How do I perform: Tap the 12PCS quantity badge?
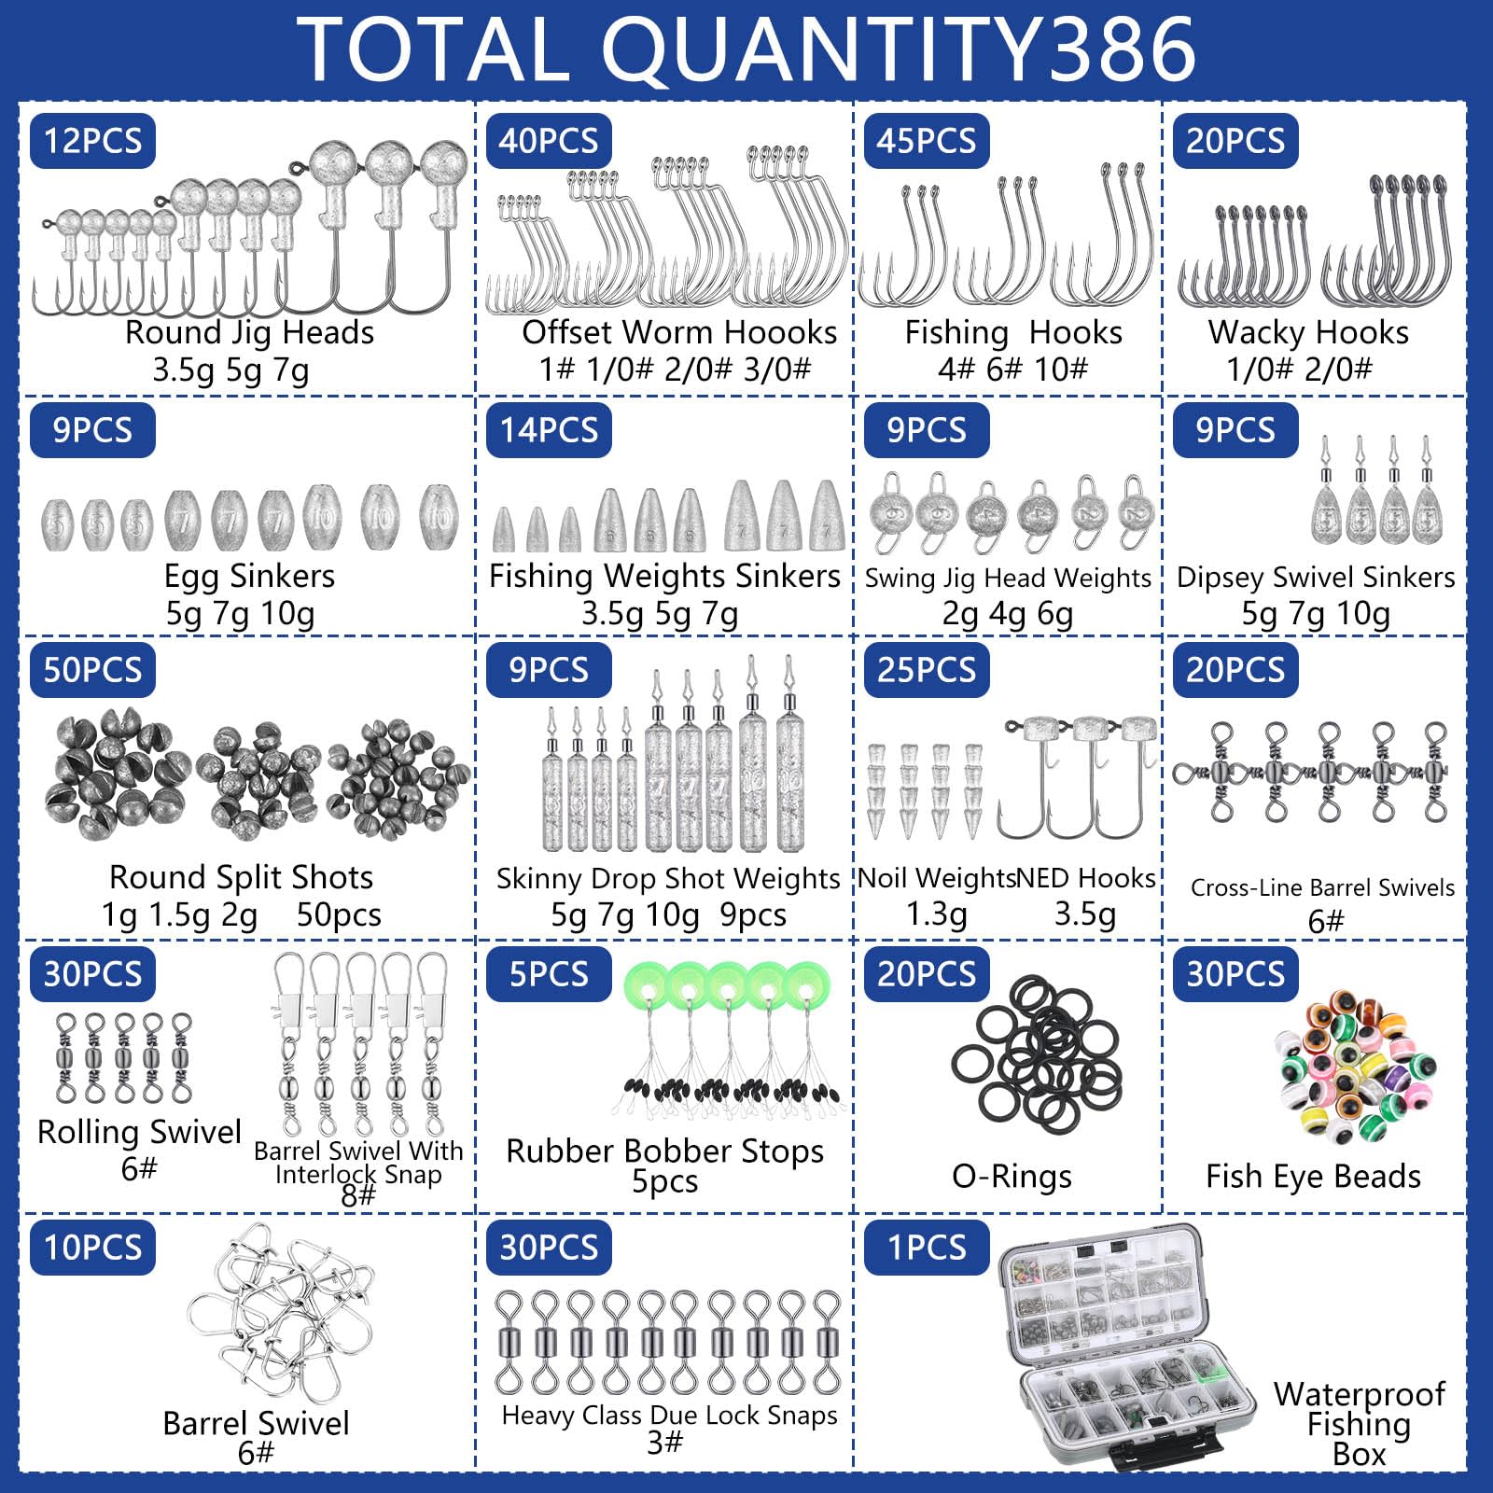(x=92, y=141)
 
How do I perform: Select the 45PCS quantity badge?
(x=927, y=141)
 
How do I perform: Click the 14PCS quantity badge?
(x=549, y=430)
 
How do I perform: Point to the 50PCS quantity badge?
(x=92, y=670)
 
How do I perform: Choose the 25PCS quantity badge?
(x=927, y=670)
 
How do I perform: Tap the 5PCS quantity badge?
(x=549, y=974)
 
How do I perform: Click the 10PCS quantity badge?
(x=92, y=1248)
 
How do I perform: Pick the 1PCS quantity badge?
(x=927, y=1248)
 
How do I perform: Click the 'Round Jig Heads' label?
(x=249, y=333)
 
